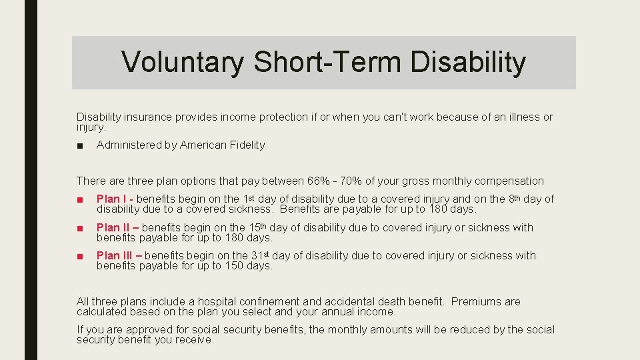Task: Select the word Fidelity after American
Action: [x=247, y=145]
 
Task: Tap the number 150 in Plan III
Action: [x=239, y=265]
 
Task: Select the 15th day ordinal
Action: [x=258, y=227]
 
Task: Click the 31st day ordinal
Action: [x=261, y=255]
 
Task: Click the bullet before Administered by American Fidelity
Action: [x=80, y=145]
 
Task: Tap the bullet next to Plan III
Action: [x=80, y=256]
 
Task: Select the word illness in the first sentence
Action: [x=523, y=117]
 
